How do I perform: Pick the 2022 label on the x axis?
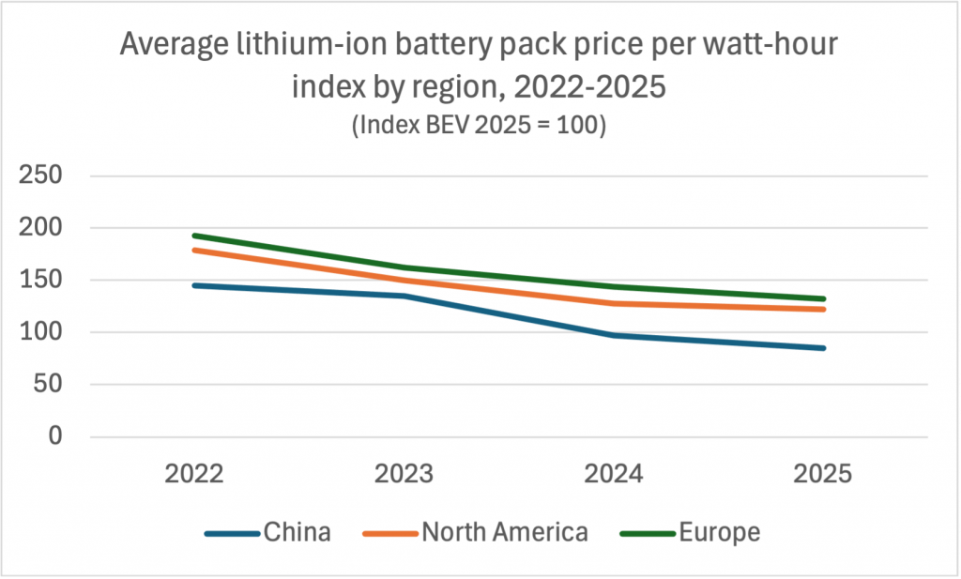(x=193, y=474)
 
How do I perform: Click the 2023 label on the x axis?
(x=404, y=474)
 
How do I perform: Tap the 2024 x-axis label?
(x=614, y=474)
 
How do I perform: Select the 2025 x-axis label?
(x=823, y=474)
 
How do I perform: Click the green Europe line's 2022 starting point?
(x=193, y=236)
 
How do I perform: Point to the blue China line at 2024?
(x=614, y=335)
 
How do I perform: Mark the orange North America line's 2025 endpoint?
(x=823, y=309)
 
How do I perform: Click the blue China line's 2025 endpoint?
(x=823, y=348)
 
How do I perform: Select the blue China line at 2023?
(x=404, y=296)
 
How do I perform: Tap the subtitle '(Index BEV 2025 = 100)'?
(x=480, y=127)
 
